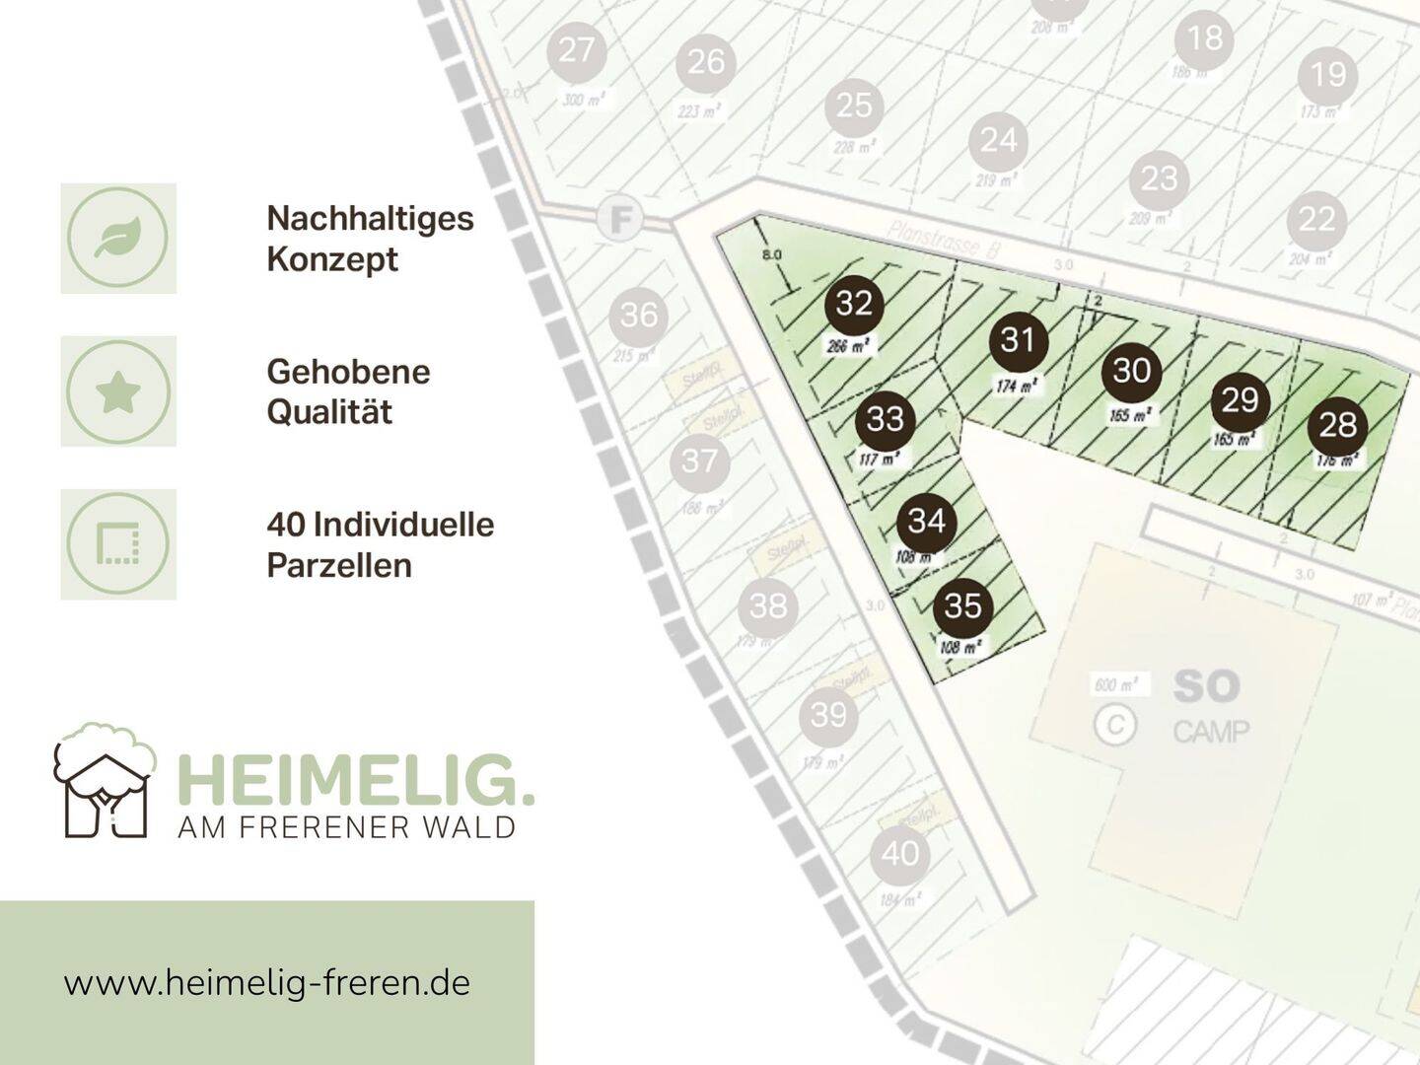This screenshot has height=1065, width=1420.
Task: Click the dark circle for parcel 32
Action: point(854,304)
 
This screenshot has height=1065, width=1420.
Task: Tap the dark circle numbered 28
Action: point(1338,425)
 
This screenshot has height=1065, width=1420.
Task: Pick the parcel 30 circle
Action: point(1132,371)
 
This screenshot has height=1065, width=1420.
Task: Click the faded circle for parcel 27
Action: point(577,50)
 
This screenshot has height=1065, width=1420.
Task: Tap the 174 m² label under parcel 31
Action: point(1017,386)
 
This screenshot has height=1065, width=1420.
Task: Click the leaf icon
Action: point(118,238)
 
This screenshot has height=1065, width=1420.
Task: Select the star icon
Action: point(118,391)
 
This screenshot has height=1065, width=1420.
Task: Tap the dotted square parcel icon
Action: point(118,544)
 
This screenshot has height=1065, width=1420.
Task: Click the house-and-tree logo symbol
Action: point(104,780)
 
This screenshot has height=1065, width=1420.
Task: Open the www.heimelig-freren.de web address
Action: point(267,983)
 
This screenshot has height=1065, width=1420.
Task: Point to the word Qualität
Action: point(329,412)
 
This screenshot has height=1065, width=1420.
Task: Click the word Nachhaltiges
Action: point(370,218)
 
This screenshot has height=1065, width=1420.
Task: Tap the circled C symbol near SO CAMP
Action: point(1115,725)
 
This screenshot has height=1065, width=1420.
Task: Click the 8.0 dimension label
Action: point(772,254)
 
